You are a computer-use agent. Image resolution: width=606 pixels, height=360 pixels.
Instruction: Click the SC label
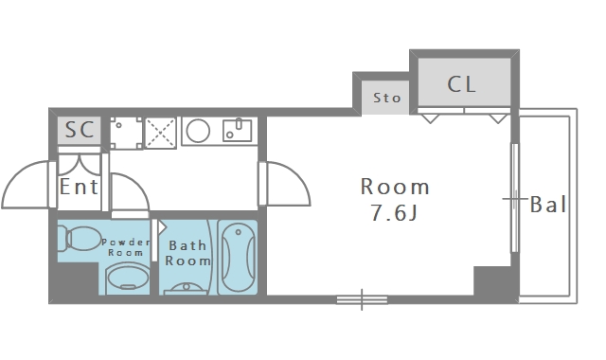(80, 130)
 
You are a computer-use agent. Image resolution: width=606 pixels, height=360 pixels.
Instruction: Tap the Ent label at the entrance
(79, 187)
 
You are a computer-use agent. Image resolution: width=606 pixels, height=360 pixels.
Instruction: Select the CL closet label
(461, 84)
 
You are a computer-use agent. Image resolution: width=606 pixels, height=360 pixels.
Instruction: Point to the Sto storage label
(386, 98)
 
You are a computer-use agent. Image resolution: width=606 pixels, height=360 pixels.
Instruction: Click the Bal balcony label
(548, 205)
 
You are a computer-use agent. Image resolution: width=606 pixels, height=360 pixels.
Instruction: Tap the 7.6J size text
(394, 212)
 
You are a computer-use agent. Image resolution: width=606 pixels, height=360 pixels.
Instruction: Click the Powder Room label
(126, 247)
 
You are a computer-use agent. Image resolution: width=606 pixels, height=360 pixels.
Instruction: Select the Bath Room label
(187, 253)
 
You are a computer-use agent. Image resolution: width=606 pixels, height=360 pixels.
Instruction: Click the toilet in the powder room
(82, 239)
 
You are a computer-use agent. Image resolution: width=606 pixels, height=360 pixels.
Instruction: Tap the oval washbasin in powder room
(128, 278)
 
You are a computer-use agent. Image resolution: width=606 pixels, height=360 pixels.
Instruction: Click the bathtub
(238, 257)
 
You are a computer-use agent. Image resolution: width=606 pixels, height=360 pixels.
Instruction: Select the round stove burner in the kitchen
(198, 131)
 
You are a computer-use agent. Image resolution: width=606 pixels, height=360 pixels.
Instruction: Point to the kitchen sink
(238, 130)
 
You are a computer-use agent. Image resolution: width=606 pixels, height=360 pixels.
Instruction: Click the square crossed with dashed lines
(160, 133)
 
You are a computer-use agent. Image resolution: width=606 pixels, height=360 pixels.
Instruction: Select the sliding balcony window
(515, 198)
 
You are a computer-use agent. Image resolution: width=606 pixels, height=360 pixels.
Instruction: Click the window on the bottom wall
(362, 299)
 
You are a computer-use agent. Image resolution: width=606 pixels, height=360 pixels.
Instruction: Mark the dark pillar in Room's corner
(492, 281)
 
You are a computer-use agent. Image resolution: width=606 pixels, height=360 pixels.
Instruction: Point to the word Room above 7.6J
(395, 187)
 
